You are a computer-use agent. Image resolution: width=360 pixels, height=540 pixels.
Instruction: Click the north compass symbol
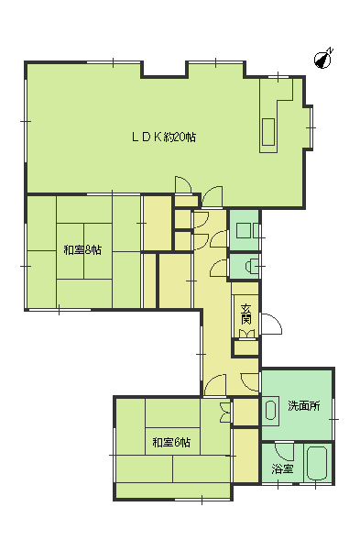coord(323,59)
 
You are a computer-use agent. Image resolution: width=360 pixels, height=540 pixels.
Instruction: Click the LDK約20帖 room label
coord(164,138)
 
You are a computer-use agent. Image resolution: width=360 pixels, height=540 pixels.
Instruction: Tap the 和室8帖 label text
coord(82,249)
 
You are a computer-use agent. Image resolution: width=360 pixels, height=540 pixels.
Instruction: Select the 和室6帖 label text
coord(171,442)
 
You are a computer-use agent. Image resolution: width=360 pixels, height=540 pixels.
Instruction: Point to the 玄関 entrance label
coord(245,314)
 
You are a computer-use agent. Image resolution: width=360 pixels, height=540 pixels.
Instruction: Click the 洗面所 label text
coord(304,406)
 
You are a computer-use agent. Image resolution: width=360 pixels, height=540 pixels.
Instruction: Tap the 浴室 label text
coord(282,468)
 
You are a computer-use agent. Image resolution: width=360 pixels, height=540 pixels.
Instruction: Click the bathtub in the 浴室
coord(317,463)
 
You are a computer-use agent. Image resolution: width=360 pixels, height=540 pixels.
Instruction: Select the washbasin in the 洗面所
coord(271,410)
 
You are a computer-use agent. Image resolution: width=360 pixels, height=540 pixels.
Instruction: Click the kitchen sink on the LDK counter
coord(268,132)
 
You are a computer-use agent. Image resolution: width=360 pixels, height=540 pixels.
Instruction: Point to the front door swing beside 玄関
coord(271,324)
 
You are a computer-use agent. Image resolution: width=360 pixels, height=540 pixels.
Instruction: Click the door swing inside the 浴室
coord(284,451)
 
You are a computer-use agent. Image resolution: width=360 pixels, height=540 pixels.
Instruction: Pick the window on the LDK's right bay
coord(311,127)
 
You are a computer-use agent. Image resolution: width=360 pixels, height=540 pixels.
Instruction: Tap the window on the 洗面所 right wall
coord(333,419)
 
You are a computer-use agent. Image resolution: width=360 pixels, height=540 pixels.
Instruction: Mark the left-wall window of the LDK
coord(26,121)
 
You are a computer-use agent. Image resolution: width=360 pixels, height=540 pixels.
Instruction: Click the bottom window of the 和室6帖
coord(202,499)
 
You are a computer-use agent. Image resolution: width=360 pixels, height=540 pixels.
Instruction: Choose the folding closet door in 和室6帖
coord(225,413)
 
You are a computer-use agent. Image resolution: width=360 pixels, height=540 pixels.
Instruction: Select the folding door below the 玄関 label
coord(246,334)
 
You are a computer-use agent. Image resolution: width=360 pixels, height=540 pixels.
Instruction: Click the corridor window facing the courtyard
coord(201,354)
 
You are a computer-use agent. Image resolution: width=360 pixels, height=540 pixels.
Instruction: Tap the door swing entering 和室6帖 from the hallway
coord(215,385)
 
